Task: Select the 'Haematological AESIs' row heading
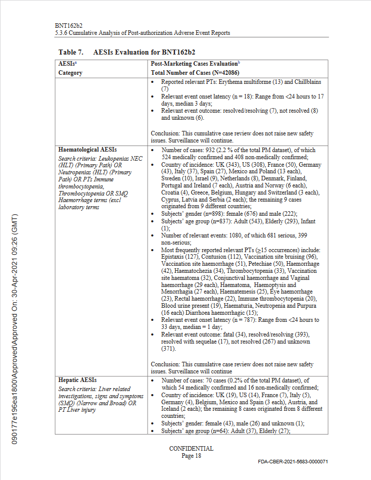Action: click(87, 150)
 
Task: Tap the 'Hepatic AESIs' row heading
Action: click(77, 379)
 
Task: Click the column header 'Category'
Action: click(70, 73)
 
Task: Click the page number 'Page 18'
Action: click(191, 455)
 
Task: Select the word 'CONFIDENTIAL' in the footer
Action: click(191, 449)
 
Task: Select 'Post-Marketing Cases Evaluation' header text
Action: click(195, 64)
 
